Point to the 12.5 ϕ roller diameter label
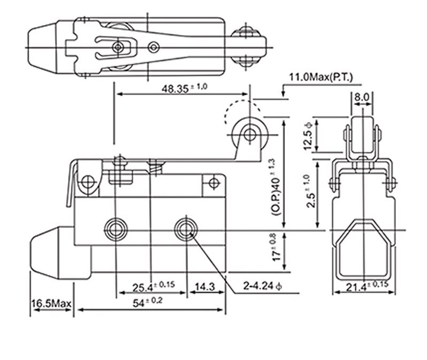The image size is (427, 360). click(308, 134)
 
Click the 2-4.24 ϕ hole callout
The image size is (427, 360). click(261, 287)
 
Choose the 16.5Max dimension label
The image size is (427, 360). click(51, 304)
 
